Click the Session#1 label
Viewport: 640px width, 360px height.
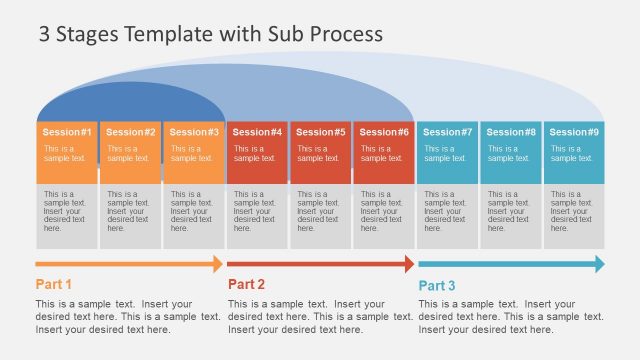[x=68, y=132]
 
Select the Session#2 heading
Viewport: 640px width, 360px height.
[x=131, y=132]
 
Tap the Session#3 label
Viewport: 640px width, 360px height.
[x=194, y=132]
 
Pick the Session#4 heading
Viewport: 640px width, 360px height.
[x=258, y=132]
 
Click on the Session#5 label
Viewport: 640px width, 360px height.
[x=321, y=132]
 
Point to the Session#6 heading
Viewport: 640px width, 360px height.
[x=384, y=132]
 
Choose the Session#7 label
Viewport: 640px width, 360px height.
[x=448, y=132]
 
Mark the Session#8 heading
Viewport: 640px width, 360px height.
[x=511, y=132]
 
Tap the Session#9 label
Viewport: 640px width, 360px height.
[x=575, y=132]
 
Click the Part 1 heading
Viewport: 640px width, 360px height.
[x=54, y=284]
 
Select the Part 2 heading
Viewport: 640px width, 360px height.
[x=246, y=284]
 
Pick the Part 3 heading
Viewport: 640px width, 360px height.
[x=437, y=285]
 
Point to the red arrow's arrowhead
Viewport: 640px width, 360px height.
[x=409, y=264]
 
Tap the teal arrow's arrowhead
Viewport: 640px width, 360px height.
[x=600, y=264]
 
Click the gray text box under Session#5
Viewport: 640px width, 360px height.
[x=321, y=215]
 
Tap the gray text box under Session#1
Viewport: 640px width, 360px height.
[x=67, y=215]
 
